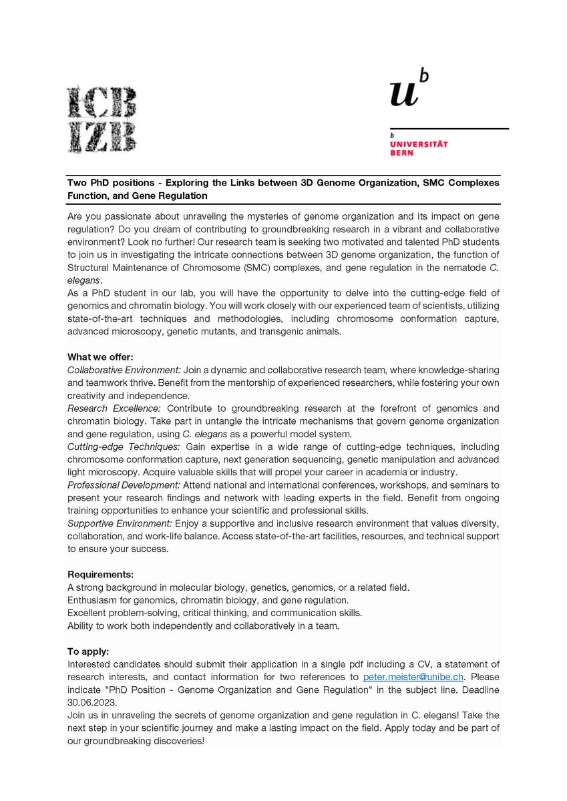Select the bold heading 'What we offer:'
pos(100,357)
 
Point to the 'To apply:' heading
pos(88,651)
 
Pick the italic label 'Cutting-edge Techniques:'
pos(124,446)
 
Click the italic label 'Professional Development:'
pos(124,485)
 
